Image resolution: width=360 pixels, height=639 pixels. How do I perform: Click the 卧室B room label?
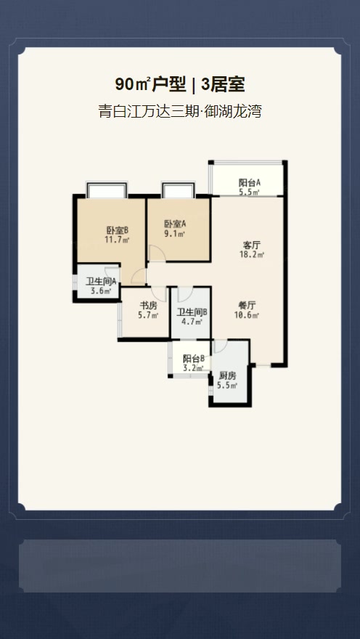pos(118,230)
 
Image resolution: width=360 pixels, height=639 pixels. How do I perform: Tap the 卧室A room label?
pos(175,224)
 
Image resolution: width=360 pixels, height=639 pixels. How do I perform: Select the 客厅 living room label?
pos(252,245)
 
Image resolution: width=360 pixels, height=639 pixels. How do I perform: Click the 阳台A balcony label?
pos(249,182)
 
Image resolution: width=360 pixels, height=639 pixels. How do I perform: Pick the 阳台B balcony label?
pos(194,359)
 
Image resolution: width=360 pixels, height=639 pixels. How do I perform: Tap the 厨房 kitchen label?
pos(228,375)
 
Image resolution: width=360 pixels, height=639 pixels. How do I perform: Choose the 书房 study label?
pos(148,305)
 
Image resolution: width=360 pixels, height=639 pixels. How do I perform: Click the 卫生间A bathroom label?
pos(101,281)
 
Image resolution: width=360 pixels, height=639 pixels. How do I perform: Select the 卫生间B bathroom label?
pos(192,312)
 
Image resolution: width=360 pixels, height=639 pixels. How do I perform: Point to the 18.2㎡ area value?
pos(252,255)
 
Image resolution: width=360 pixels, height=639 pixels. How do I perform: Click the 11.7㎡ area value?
pos(118,240)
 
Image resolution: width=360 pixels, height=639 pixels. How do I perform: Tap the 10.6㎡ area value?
pos(247,314)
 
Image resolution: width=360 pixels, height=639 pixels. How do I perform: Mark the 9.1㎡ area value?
pos(175,234)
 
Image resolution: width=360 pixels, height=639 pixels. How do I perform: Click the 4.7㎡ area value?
pos(192,322)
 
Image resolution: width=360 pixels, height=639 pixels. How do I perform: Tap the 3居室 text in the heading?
pos(223,85)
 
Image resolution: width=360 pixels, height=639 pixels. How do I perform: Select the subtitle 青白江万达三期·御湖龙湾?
pos(180,111)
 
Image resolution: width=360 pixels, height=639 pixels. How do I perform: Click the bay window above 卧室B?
pos(107,190)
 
